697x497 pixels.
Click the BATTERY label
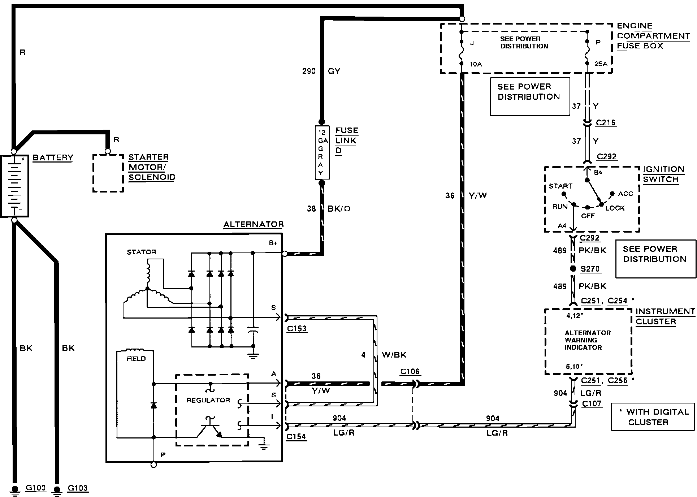click(53, 157)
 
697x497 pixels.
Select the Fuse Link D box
click(322, 152)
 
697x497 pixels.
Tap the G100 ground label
click(36, 488)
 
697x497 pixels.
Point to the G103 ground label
click(78, 488)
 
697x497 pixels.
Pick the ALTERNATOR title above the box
click(254, 224)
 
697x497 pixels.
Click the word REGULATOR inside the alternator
click(208, 400)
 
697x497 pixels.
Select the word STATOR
click(142, 252)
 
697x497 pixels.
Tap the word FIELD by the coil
click(136, 359)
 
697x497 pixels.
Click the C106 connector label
click(410, 372)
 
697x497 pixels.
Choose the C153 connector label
click(297, 329)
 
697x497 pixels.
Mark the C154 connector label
click(296, 437)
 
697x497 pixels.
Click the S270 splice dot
click(573, 269)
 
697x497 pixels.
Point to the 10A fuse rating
click(476, 64)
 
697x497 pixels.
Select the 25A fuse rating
click(601, 64)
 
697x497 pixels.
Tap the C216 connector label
click(606, 123)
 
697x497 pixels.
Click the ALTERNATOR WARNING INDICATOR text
click(588, 340)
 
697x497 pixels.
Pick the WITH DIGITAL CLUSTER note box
click(653, 417)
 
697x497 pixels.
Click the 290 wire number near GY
click(309, 71)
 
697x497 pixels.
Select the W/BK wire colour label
click(394, 355)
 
